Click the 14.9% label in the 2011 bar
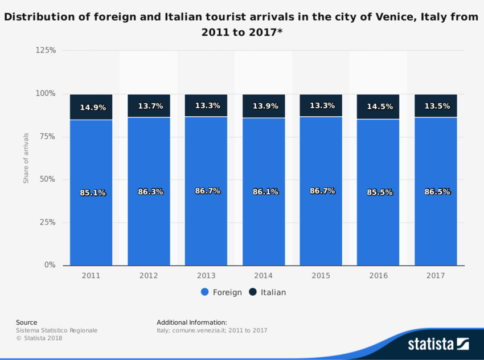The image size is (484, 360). [93, 107]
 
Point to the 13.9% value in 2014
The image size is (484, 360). [265, 107]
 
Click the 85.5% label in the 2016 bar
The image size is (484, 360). [380, 193]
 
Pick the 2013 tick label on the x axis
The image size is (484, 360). [206, 276]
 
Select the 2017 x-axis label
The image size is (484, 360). [436, 276]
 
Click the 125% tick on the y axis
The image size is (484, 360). [46, 51]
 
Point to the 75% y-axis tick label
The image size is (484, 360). [47, 137]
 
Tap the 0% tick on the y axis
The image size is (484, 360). [50, 265]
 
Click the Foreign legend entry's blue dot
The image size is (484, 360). [205, 292]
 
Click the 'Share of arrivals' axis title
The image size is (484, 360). [26, 158]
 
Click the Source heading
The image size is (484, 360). [26, 322]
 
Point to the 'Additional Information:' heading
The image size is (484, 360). [191, 322]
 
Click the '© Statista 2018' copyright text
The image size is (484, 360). [39, 338]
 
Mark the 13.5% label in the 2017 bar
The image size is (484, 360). [437, 106]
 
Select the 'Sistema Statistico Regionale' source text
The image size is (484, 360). [56, 330]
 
